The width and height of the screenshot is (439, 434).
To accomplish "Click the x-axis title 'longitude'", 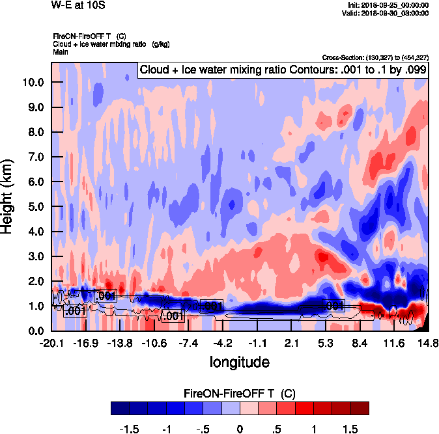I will click(x=240, y=361).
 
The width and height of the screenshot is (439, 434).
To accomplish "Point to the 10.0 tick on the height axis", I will click(x=31, y=83).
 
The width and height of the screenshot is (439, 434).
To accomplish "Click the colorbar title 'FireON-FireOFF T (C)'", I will click(x=240, y=392).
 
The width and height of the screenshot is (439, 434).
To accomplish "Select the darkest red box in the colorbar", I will click(x=360, y=408).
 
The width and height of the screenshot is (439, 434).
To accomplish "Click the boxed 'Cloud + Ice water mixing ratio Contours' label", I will click(x=282, y=70).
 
